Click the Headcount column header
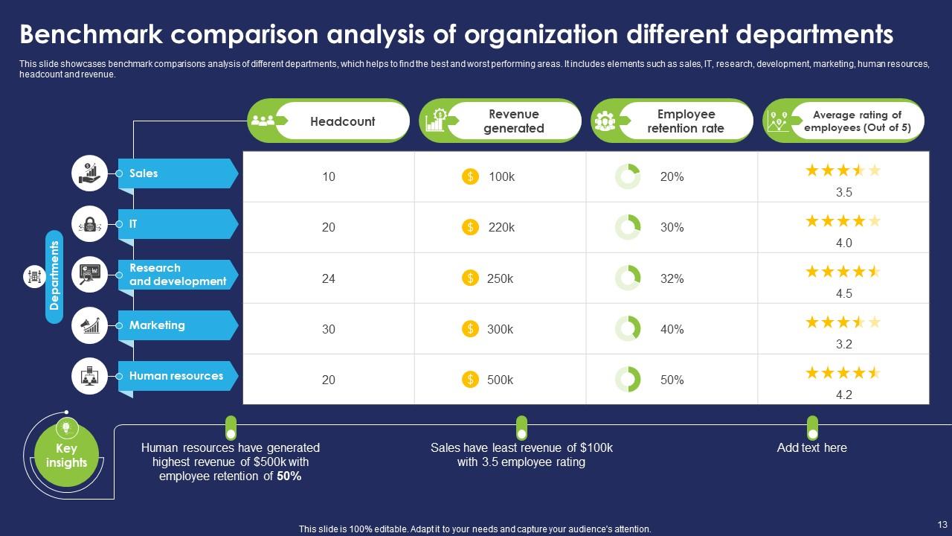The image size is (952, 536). [342, 121]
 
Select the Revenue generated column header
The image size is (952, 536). [513, 121]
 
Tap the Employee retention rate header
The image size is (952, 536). [685, 121]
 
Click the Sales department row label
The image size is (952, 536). [144, 173]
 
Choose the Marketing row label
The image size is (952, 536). [157, 325]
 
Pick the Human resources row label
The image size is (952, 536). [176, 376]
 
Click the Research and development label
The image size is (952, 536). [177, 275]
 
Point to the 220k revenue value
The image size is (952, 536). [501, 228]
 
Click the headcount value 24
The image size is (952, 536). [328, 278]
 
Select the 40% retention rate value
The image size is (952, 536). [672, 329]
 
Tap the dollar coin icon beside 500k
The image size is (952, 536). [470, 380]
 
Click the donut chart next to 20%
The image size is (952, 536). [628, 177]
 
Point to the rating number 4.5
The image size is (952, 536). [843, 293]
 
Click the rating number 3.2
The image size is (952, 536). [843, 344]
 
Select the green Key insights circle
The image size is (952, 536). [66, 455]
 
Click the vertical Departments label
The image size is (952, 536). [54, 277]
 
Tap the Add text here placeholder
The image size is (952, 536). [811, 447]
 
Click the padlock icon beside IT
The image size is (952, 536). [89, 224]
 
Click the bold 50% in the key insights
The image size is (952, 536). [289, 476]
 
